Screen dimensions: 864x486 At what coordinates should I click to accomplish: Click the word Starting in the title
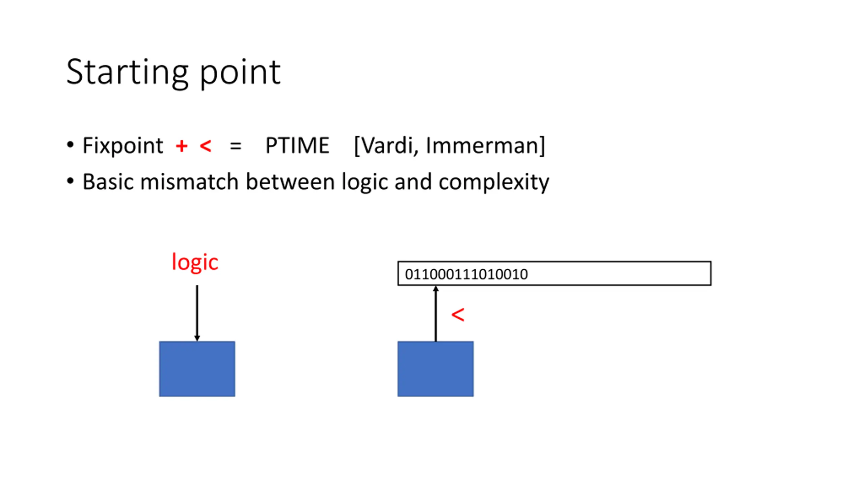(x=127, y=73)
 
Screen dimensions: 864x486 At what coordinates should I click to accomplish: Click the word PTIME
(x=297, y=146)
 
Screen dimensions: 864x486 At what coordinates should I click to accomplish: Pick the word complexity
(x=493, y=183)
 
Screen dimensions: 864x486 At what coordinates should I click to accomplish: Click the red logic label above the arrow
(x=195, y=262)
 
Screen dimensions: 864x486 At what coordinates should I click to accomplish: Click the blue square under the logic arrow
(x=197, y=369)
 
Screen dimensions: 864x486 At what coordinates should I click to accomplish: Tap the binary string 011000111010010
(x=466, y=274)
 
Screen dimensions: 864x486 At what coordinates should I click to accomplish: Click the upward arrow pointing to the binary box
(x=436, y=314)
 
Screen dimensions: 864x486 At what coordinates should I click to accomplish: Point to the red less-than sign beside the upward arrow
(x=458, y=315)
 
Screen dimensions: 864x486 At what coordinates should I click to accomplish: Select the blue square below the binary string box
(x=435, y=369)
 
